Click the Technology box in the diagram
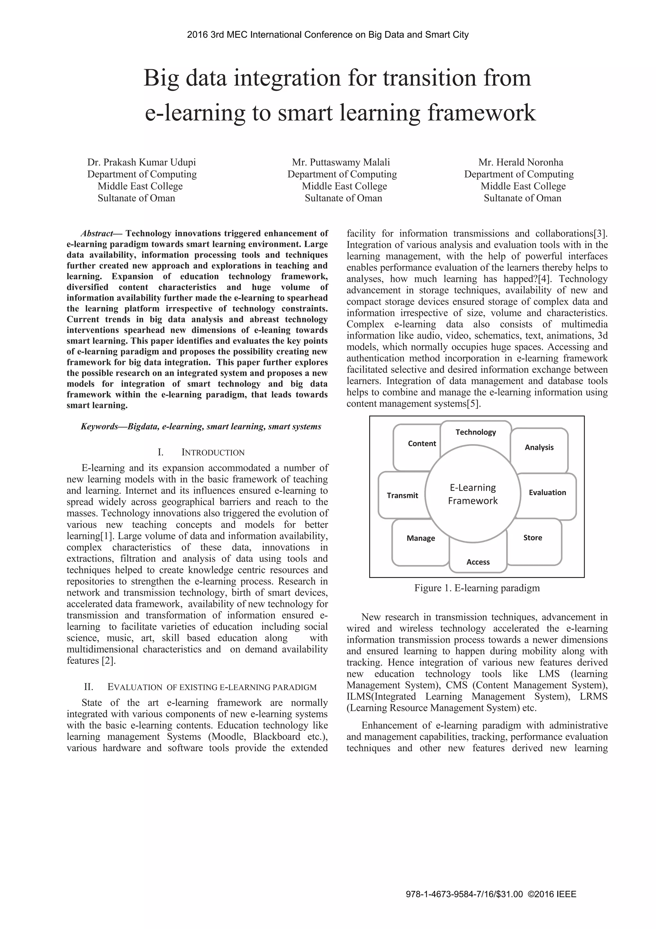click(x=475, y=432)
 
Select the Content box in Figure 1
click(x=422, y=443)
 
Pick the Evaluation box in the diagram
click(x=547, y=493)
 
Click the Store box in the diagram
click(x=532, y=538)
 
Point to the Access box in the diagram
click(x=478, y=562)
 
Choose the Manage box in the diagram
click(x=421, y=538)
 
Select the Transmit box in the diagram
click(x=402, y=496)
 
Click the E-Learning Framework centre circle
click(x=472, y=494)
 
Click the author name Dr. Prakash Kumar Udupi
click(x=142, y=162)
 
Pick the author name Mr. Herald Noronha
click(x=521, y=162)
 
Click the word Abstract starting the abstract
click(x=97, y=233)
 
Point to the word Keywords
click(x=99, y=426)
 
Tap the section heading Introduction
click(x=213, y=452)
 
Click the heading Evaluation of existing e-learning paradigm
click(x=212, y=687)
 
